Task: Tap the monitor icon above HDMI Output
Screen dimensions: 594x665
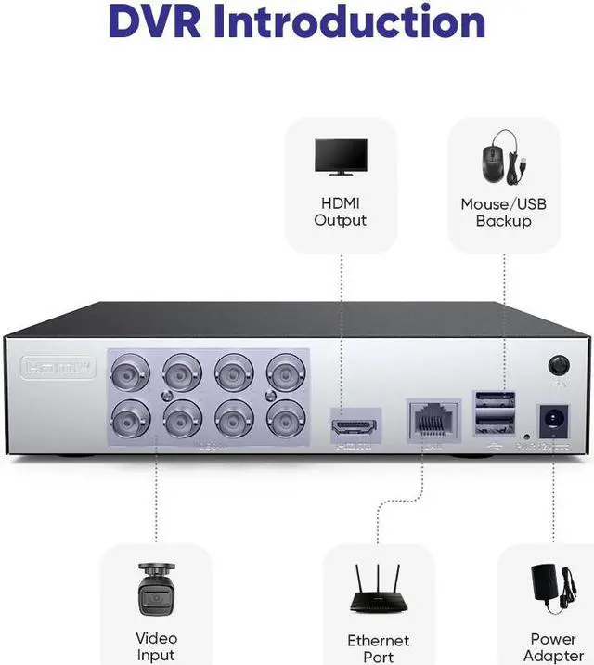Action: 341,157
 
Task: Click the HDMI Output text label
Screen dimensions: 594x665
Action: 341,212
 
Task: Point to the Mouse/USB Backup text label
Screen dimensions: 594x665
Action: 503,213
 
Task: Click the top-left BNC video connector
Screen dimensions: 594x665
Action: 130,373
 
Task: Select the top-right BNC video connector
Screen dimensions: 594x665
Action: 286,373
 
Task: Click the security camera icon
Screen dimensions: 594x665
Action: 155,588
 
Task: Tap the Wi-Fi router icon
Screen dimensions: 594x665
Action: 378,589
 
